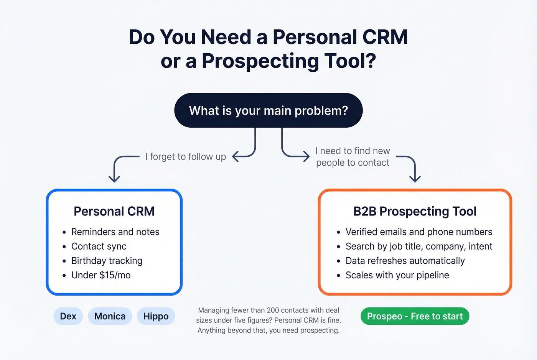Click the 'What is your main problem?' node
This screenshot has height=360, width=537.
click(x=268, y=110)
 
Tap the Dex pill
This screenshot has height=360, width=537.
click(x=68, y=316)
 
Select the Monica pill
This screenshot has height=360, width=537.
click(x=110, y=316)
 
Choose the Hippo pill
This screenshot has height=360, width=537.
click(x=156, y=316)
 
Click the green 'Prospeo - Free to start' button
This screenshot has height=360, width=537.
click(x=415, y=316)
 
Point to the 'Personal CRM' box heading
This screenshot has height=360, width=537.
click(x=114, y=211)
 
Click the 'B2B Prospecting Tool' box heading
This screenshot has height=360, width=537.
click(x=415, y=211)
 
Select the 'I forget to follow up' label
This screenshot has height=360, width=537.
click(x=185, y=157)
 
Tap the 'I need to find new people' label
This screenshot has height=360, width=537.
click(x=353, y=156)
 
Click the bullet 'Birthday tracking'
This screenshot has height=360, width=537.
click(x=107, y=261)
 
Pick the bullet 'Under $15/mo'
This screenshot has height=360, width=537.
click(x=101, y=275)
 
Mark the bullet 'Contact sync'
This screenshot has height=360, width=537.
click(x=99, y=246)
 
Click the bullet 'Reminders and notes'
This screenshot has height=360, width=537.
click(x=115, y=232)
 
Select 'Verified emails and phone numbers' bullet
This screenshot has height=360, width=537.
click(x=418, y=232)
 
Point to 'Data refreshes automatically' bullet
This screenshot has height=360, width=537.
click(x=405, y=261)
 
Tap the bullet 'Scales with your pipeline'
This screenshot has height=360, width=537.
click(x=397, y=275)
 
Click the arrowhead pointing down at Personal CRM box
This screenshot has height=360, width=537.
click(x=114, y=179)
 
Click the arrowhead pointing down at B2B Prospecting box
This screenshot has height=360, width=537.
click(x=415, y=179)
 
